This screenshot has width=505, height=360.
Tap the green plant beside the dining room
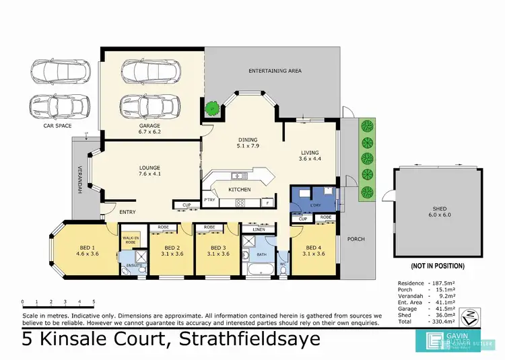click(212, 107)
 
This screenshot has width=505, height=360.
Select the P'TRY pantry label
click(209, 199)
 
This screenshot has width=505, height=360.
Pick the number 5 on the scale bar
click(94, 301)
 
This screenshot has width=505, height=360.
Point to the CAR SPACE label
click(57, 126)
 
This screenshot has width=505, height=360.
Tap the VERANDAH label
click(79, 180)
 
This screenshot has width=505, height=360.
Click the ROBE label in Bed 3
click(209, 227)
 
